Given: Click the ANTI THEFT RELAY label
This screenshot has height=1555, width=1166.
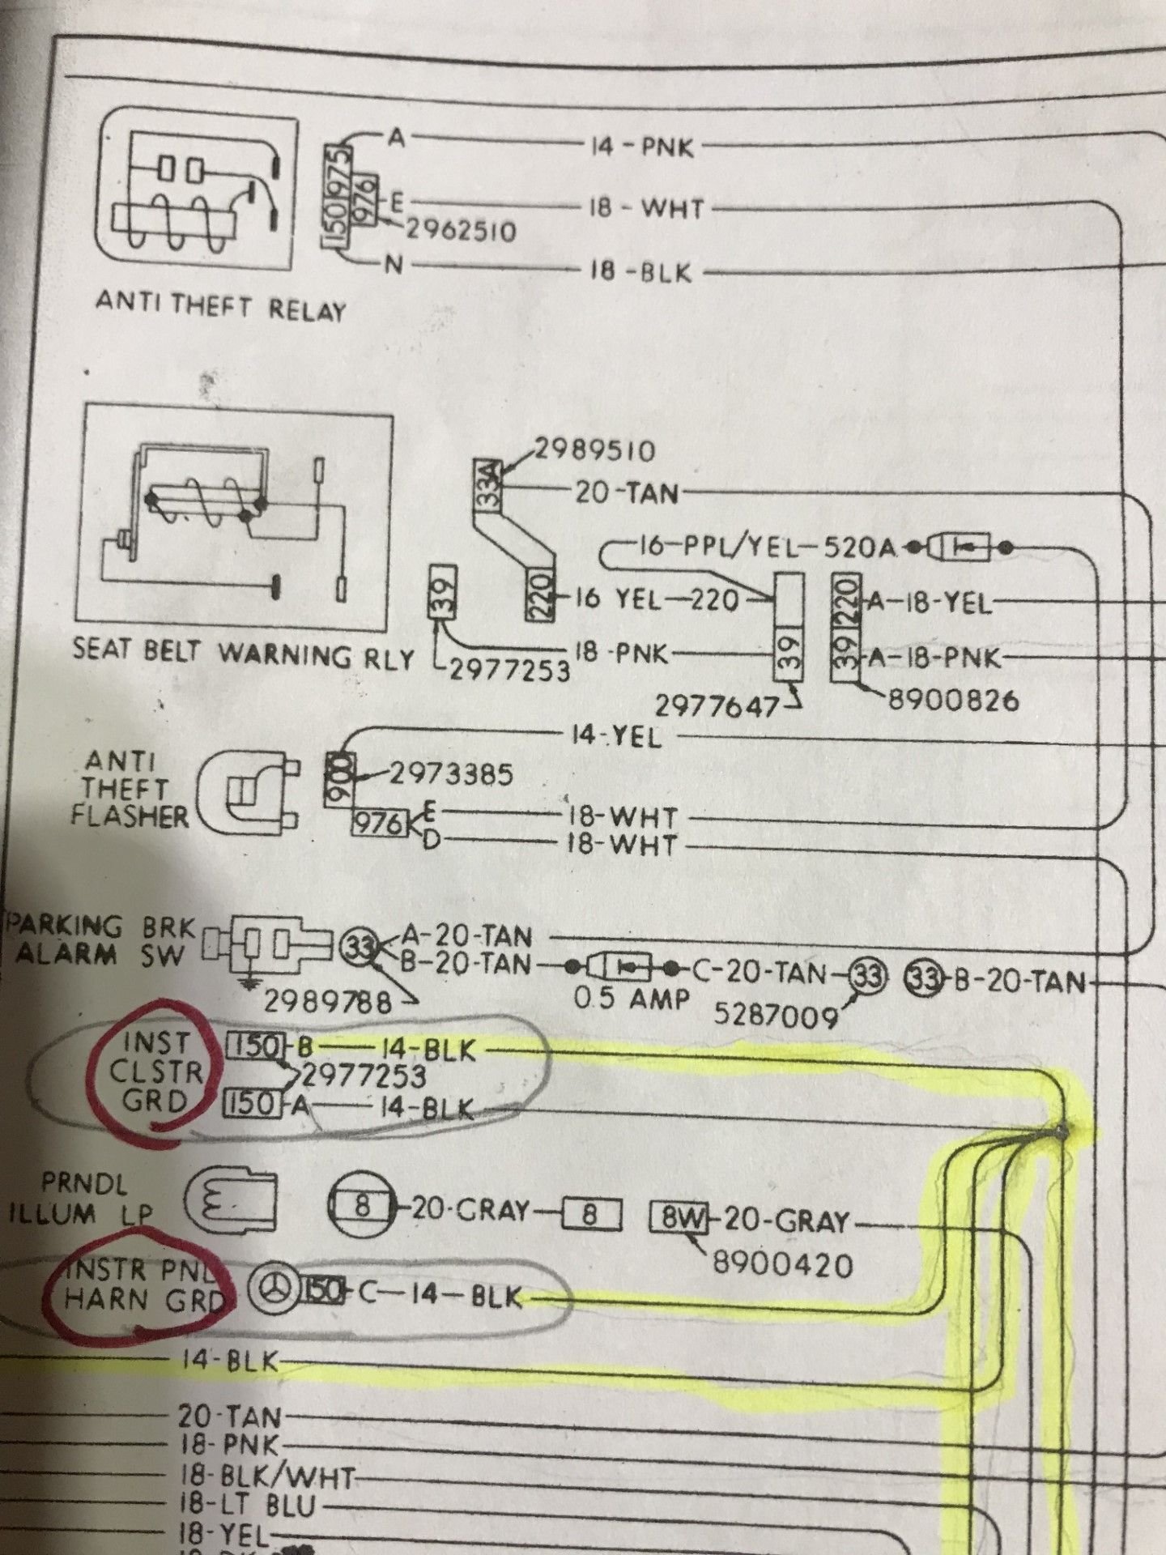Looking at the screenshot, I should pyautogui.click(x=220, y=307).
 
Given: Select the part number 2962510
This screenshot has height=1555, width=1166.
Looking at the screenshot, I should pyautogui.click(x=460, y=232).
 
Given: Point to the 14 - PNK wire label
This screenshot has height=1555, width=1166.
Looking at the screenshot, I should pyautogui.click(x=642, y=148).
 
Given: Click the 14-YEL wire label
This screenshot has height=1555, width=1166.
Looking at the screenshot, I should pyautogui.click(x=615, y=737).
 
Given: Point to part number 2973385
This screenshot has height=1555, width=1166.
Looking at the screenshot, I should pyautogui.click(x=452, y=775).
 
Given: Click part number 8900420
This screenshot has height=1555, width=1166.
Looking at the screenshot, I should pyautogui.click(x=782, y=1263).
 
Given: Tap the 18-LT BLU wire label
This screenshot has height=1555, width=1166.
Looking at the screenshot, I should pyautogui.click(x=246, y=1506).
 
